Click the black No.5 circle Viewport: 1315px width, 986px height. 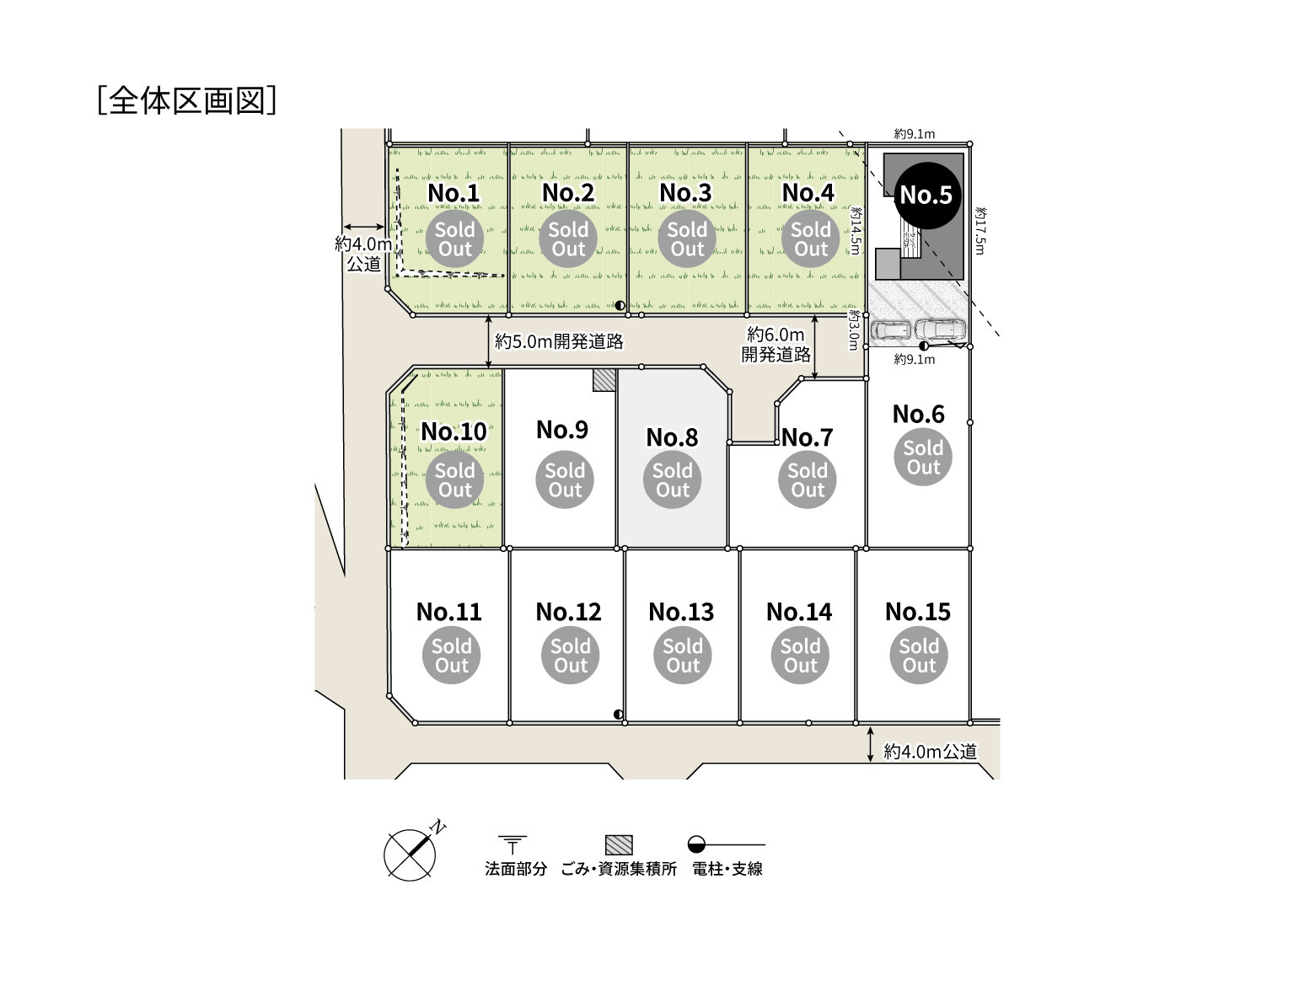pyautogui.click(x=925, y=195)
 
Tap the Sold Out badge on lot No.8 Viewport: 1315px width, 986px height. pyautogui.click(x=672, y=480)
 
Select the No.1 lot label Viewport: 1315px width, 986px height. pyautogui.click(x=454, y=193)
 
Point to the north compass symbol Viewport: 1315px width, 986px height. pyautogui.click(x=411, y=853)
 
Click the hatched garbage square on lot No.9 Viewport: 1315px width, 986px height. pyautogui.click(x=604, y=380)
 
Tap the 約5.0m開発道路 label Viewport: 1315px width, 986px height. pyautogui.click(x=559, y=341)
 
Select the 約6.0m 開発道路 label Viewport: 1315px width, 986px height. pyautogui.click(x=776, y=345)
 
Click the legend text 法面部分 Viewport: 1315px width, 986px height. pyautogui.click(x=515, y=869)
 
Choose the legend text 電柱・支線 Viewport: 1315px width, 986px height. pyautogui.click(x=727, y=869)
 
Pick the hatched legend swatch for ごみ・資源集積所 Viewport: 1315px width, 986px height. pyautogui.click(x=619, y=844)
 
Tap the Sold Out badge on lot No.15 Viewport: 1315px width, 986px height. pyautogui.click(x=919, y=656)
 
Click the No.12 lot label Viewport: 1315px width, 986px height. pyautogui.click(x=568, y=612)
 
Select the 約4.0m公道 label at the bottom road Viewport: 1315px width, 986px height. pyautogui.click(x=930, y=752)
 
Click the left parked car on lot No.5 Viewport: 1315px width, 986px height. pyautogui.click(x=890, y=331)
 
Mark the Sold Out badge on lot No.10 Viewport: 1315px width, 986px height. pyautogui.click(x=454, y=480)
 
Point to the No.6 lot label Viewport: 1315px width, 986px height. pyautogui.click(x=918, y=414)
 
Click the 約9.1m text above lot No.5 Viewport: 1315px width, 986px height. pyautogui.click(x=915, y=134)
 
